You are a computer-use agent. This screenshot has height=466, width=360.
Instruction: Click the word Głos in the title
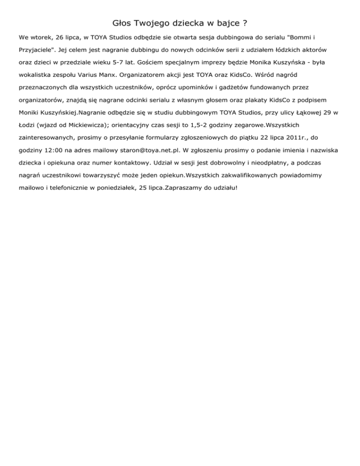pos(122,23)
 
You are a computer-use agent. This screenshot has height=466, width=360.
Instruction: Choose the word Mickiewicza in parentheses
pos(70,125)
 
